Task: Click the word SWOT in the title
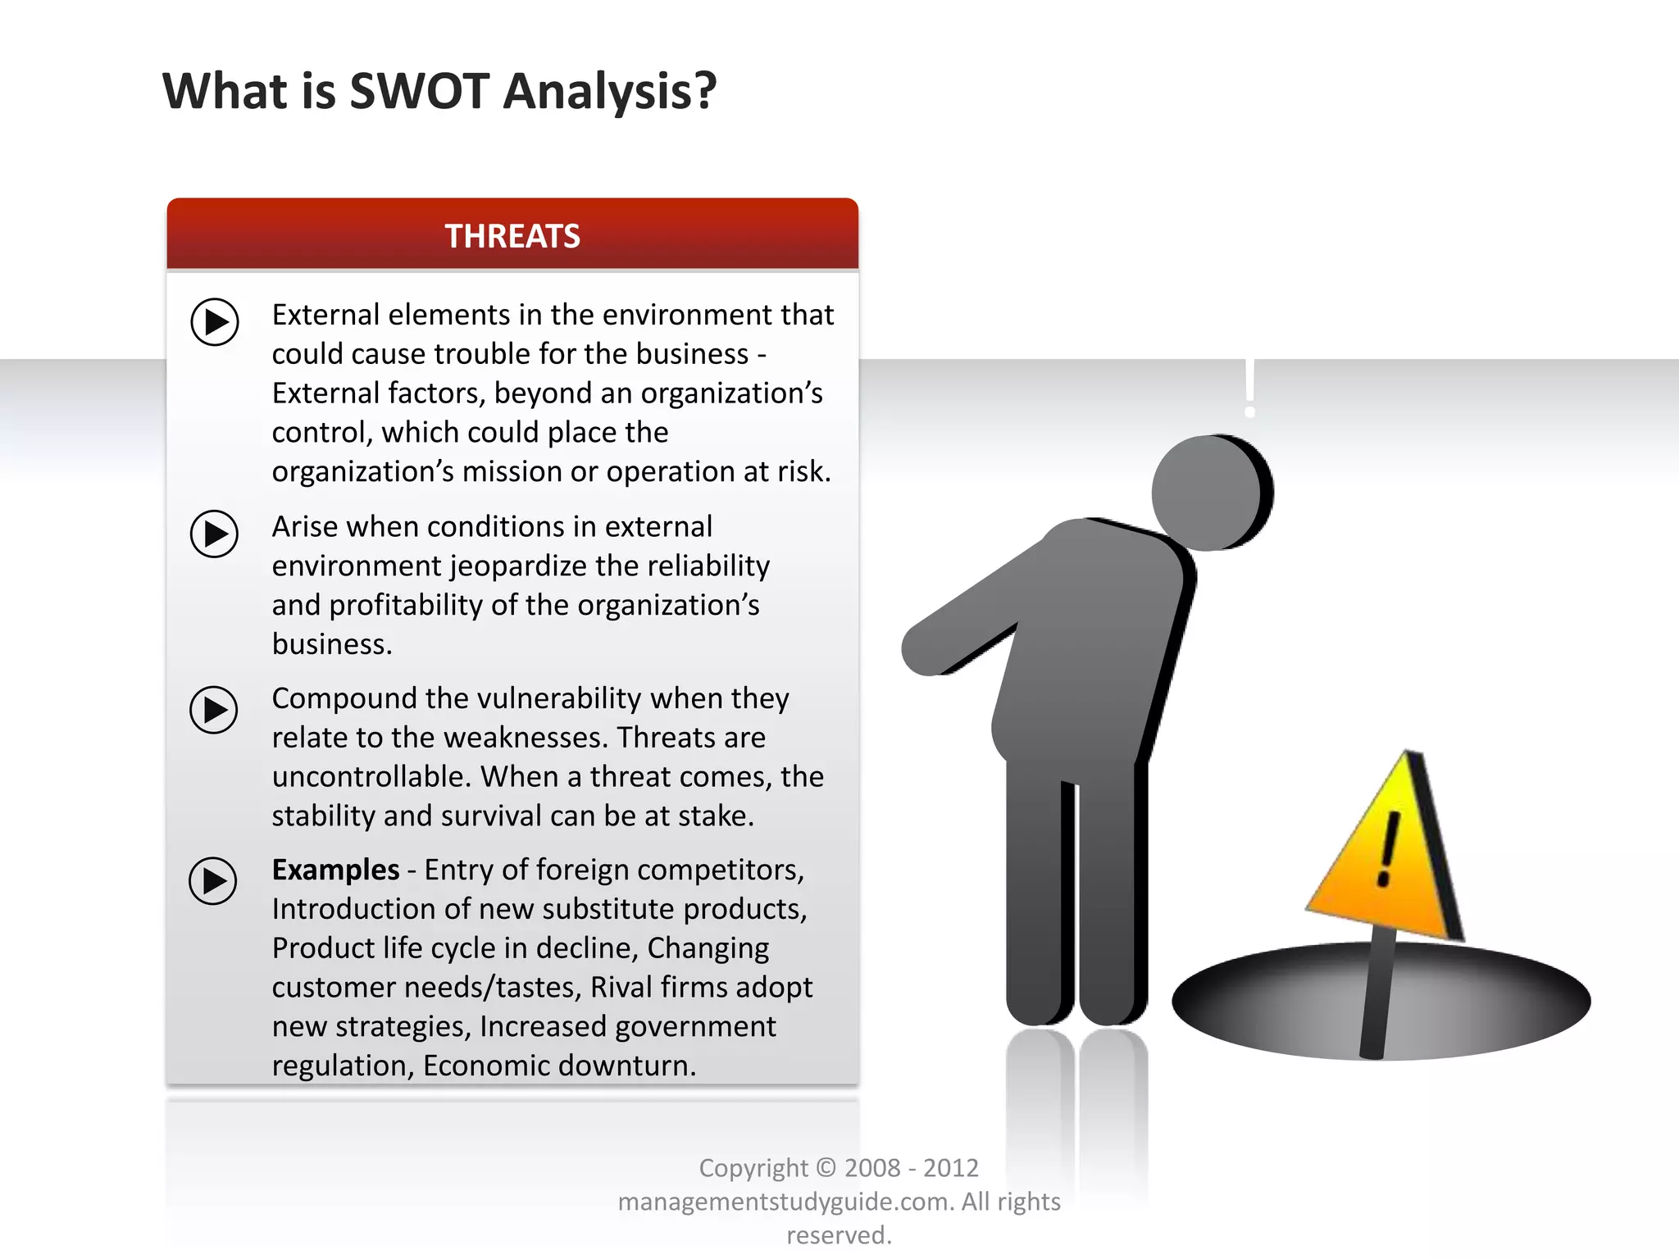419,91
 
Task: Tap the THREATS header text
512,236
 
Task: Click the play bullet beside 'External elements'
215,321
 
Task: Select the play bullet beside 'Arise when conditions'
214,534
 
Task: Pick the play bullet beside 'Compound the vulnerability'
214,709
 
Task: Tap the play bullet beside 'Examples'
213,881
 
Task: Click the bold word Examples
335,870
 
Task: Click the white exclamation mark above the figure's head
1249,389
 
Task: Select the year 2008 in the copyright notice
872,1168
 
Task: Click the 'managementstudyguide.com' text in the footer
785,1202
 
